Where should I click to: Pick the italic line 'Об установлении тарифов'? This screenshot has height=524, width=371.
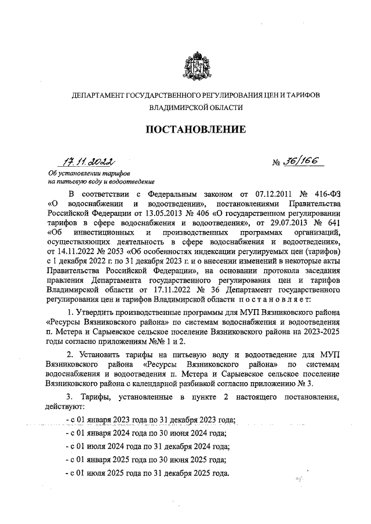point(89,174)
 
